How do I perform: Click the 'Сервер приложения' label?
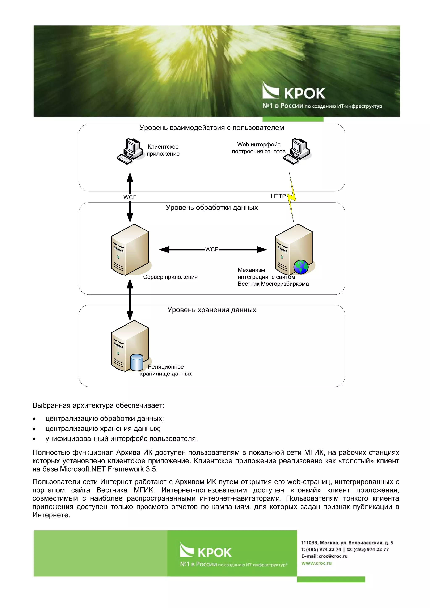point(170,277)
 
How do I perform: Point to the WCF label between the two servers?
point(212,250)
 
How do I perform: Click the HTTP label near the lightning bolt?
point(278,196)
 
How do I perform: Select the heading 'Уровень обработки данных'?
point(212,207)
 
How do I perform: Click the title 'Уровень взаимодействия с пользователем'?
point(212,128)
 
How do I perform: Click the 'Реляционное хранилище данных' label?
point(166,370)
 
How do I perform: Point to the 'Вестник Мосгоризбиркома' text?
point(273,284)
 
